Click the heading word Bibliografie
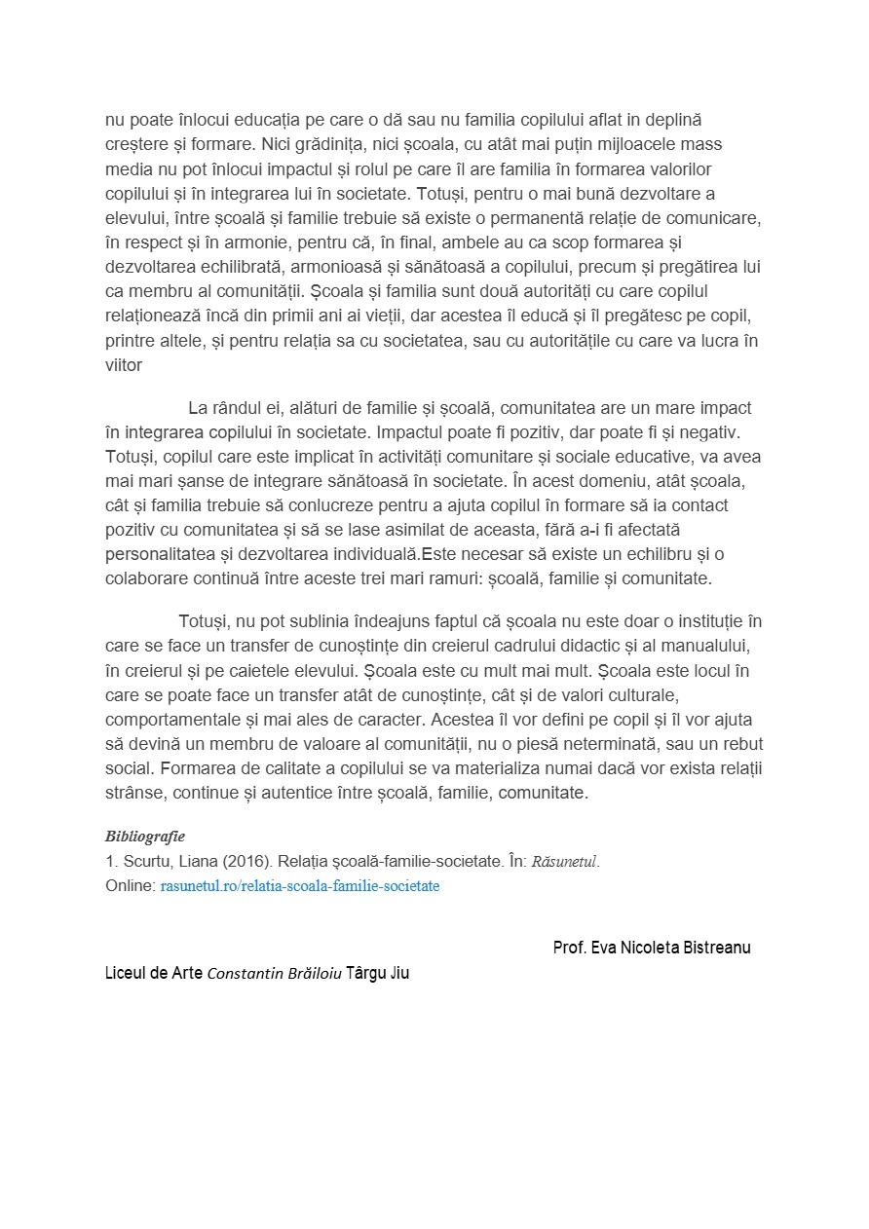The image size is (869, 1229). click(144, 837)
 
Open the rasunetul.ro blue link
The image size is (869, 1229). click(299, 886)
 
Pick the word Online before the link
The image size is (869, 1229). click(130, 886)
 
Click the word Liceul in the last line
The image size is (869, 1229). click(127, 973)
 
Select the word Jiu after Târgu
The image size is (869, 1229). click(399, 973)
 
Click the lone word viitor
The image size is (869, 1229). click(124, 365)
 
